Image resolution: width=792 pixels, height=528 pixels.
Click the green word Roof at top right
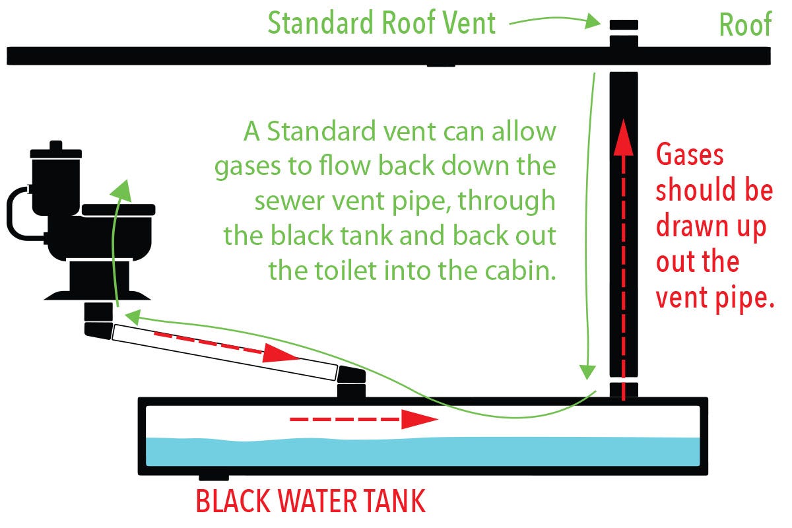[x=745, y=25]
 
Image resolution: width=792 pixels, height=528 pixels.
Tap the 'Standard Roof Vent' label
[x=381, y=24]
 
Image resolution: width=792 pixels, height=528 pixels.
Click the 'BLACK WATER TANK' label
[x=311, y=502]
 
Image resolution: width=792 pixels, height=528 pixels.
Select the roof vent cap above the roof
[x=623, y=25]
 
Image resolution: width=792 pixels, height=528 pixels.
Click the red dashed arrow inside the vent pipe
[x=623, y=264]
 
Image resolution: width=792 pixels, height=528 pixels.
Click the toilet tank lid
[x=55, y=150]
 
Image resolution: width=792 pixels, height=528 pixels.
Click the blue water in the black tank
[x=422, y=451]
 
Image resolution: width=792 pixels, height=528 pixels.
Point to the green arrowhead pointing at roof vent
[x=591, y=24]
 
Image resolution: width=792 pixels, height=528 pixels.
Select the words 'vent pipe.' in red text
[x=714, y=298]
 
